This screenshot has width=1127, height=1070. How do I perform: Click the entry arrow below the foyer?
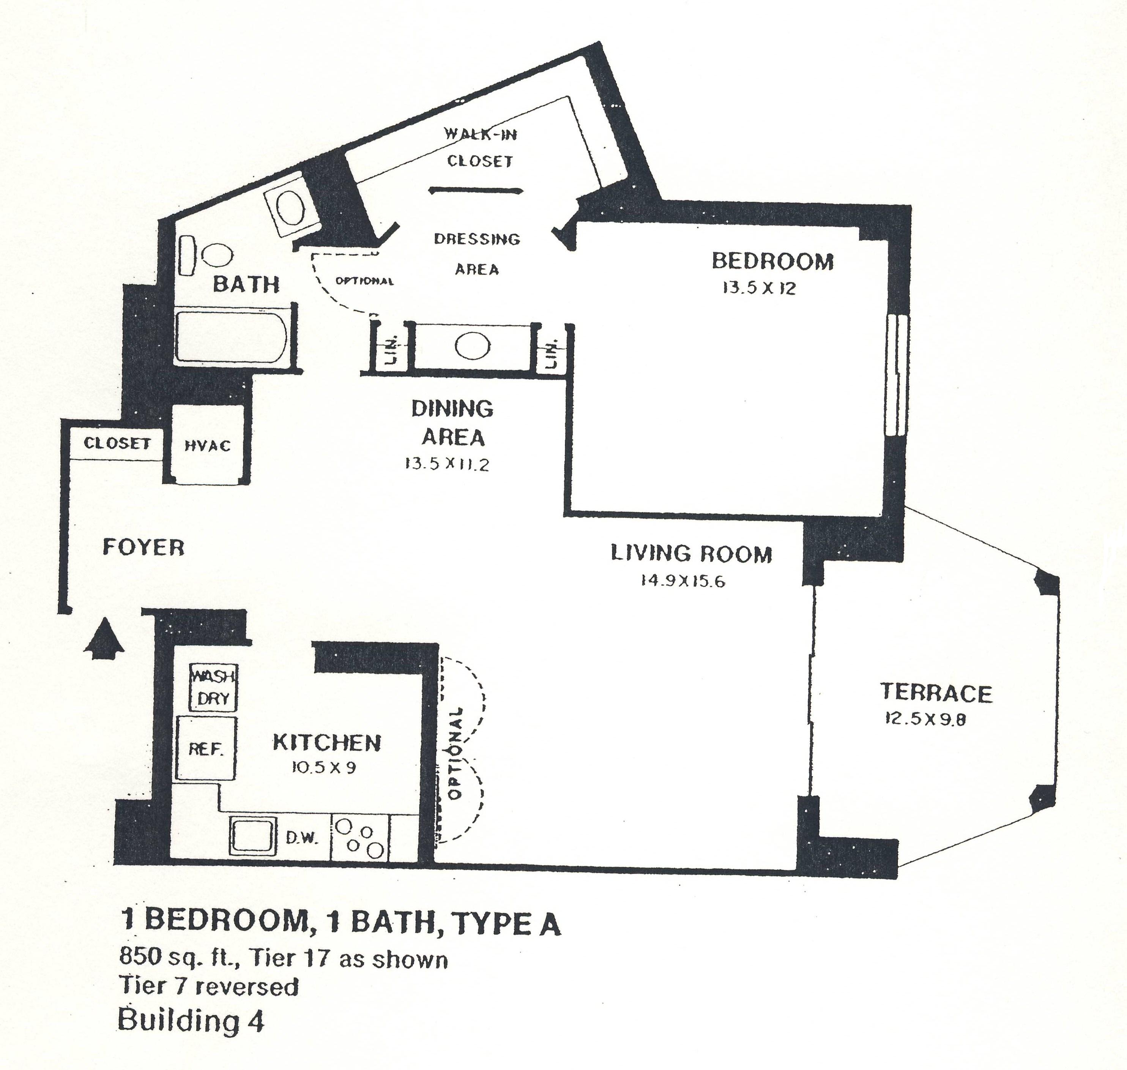(x=104, y=639)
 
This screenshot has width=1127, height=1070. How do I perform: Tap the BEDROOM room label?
(x=772, y=261)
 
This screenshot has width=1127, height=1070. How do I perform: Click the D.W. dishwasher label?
(x=301, y=838)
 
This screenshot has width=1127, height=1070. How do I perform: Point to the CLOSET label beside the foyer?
(x=117, y=443)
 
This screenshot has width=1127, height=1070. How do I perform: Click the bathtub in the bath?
(x=231, y=336)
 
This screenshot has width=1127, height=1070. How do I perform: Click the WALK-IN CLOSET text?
(x=480, y=148)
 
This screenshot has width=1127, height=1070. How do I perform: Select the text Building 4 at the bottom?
(x=191, y=1020)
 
